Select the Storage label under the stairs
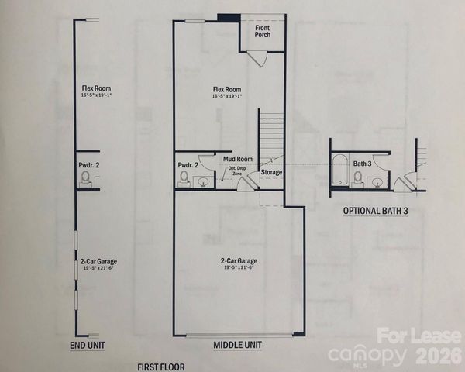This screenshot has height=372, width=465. (272, 172)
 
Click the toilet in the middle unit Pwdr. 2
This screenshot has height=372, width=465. (184, 178)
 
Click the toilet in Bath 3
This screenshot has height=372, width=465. (358, 178)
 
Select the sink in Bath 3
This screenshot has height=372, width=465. (376, 182)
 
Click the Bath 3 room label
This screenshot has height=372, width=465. (363, 164)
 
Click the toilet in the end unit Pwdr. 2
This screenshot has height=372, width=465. (86, 179)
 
